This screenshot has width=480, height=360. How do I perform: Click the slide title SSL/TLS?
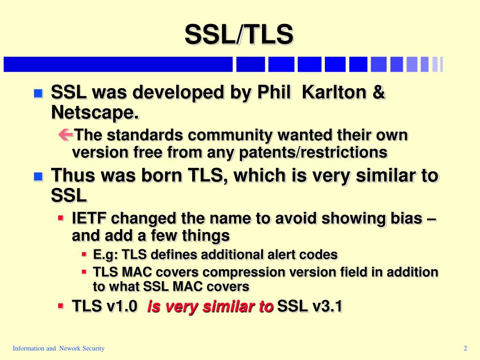tap(239, 35)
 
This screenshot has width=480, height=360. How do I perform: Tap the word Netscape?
tap(95, 112)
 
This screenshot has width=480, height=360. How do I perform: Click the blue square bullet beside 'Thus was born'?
tap(38, 177)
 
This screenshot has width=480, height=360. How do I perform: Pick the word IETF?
tap(89, 218)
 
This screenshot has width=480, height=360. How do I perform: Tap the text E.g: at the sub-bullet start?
tap(106, 255)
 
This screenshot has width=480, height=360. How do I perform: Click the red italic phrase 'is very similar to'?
tap(210, 307)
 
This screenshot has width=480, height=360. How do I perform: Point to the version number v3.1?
tap(327, 307)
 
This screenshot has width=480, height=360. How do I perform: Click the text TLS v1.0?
tap(105, 307)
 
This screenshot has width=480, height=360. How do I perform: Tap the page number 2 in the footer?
tap(465, 348)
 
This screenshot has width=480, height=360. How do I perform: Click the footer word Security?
tap(93, 348)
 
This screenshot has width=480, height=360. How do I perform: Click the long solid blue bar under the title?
tap(118, 64)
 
